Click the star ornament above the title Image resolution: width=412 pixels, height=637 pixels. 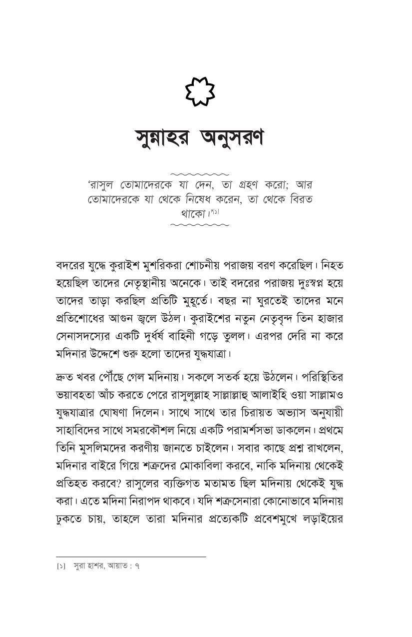click(x=200, y=92)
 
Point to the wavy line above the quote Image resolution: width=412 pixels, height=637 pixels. click(x=200, y=174)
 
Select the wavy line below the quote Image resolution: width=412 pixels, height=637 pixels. click(x=200, y=225)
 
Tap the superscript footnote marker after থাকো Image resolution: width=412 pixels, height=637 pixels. click(x=215, y=212)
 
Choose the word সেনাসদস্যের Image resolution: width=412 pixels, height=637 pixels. click(x=86, y=336)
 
